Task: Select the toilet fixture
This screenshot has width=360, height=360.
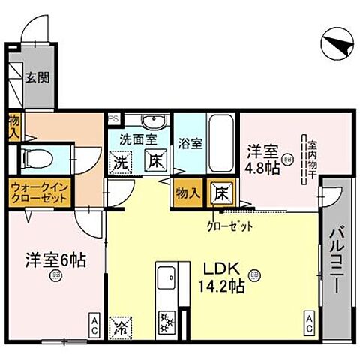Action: (40, 159)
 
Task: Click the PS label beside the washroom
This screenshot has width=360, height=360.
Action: (114, 118)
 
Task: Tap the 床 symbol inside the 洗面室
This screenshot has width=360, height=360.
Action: (152, 160)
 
